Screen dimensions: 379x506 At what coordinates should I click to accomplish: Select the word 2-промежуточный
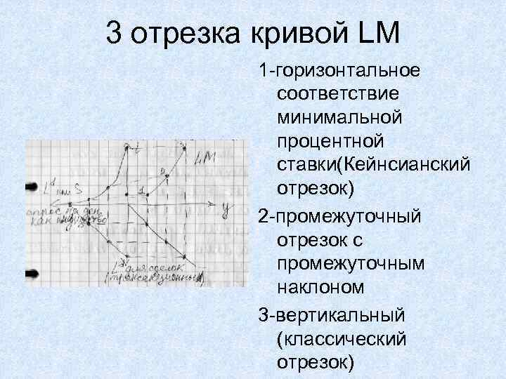pyautogui.click(x=340, y=214)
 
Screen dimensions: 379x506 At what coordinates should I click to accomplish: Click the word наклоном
pyautogui.click(x=320, y=287)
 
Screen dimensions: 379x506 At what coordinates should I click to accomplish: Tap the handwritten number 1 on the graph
pyautogui.click(x=141, y=190)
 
